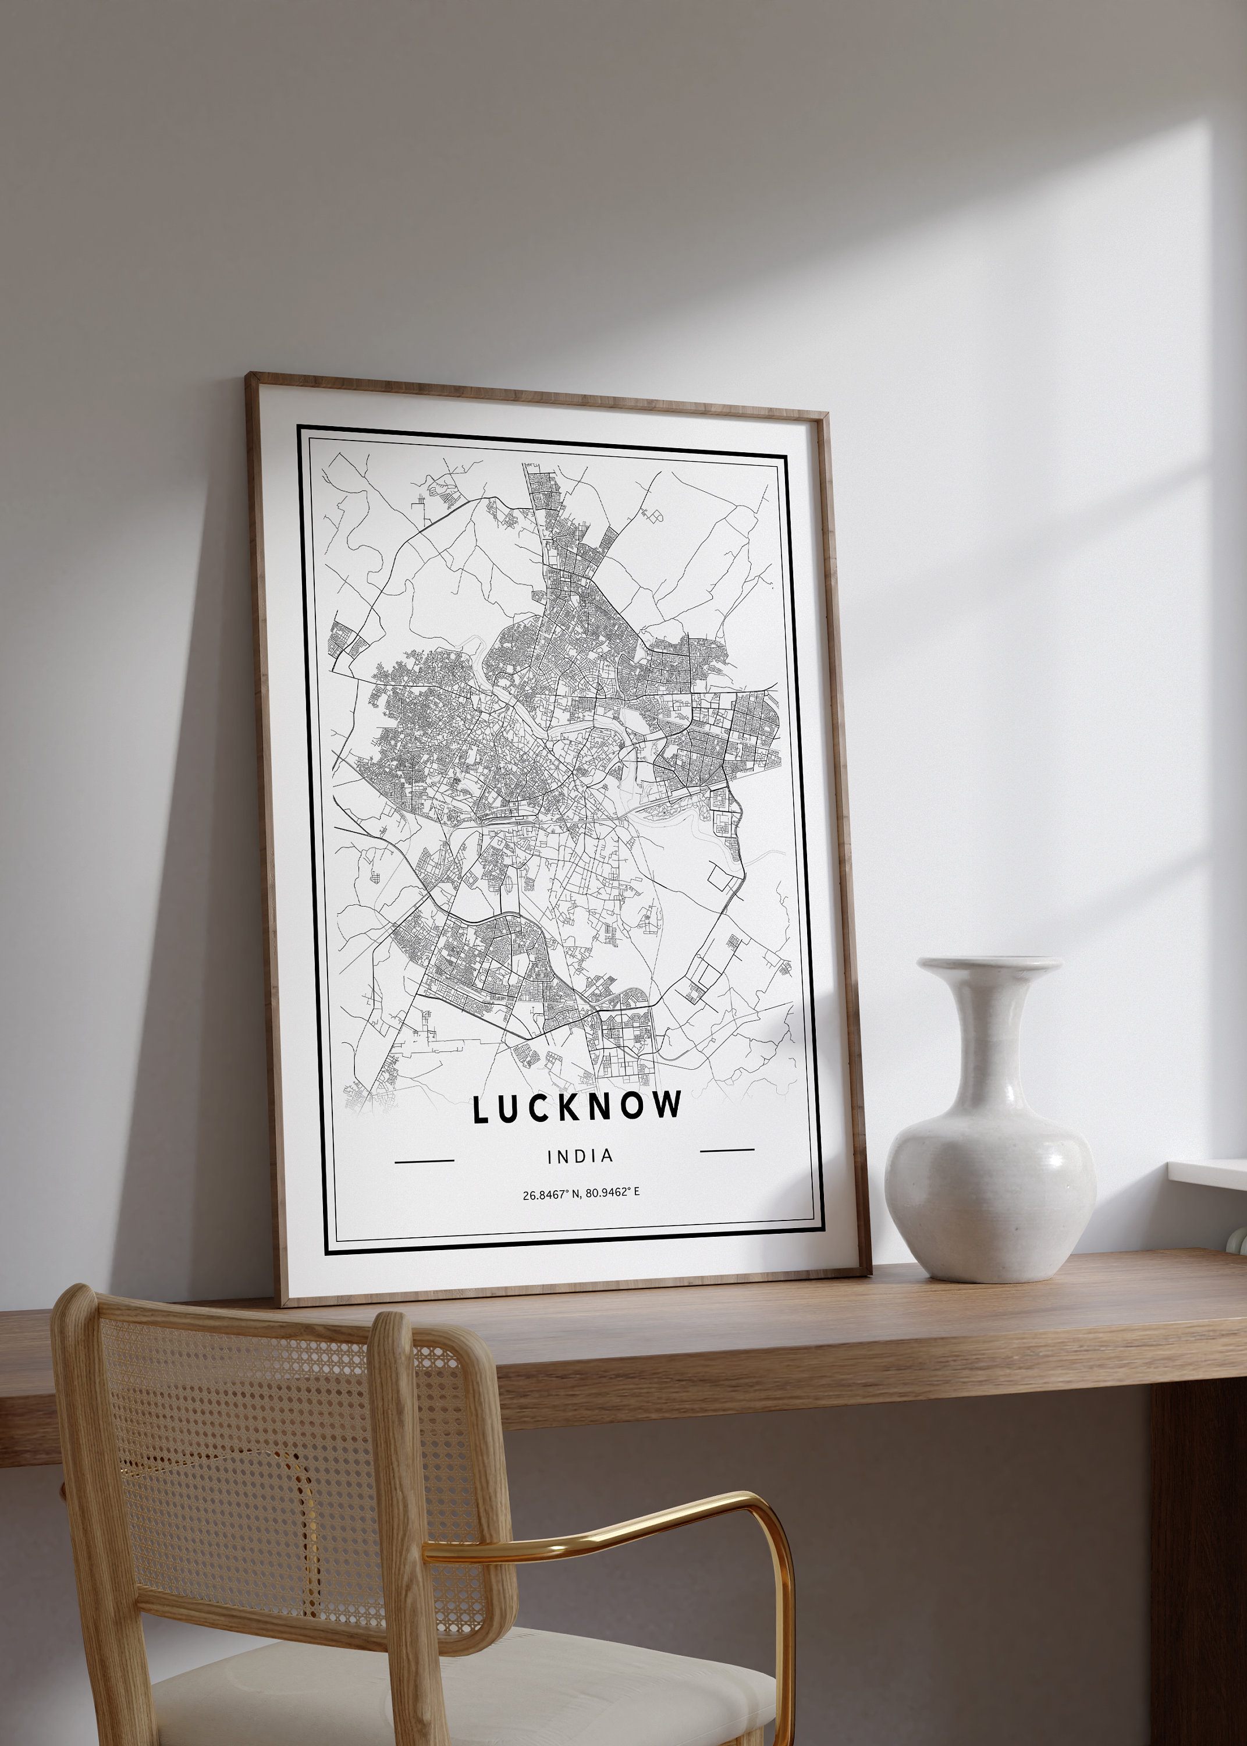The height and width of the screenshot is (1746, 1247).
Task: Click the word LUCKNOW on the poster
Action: tap(577, 1107)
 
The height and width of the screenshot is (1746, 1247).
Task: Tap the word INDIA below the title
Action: tap(581, 1155)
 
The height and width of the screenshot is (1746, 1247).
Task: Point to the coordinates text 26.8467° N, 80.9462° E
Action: tap(581, 1194)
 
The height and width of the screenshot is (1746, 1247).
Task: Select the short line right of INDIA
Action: tap(727, 1150)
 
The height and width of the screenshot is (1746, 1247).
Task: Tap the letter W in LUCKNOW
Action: tap(669, 1105)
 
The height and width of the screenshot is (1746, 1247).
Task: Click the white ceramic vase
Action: tap(990, 1167)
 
